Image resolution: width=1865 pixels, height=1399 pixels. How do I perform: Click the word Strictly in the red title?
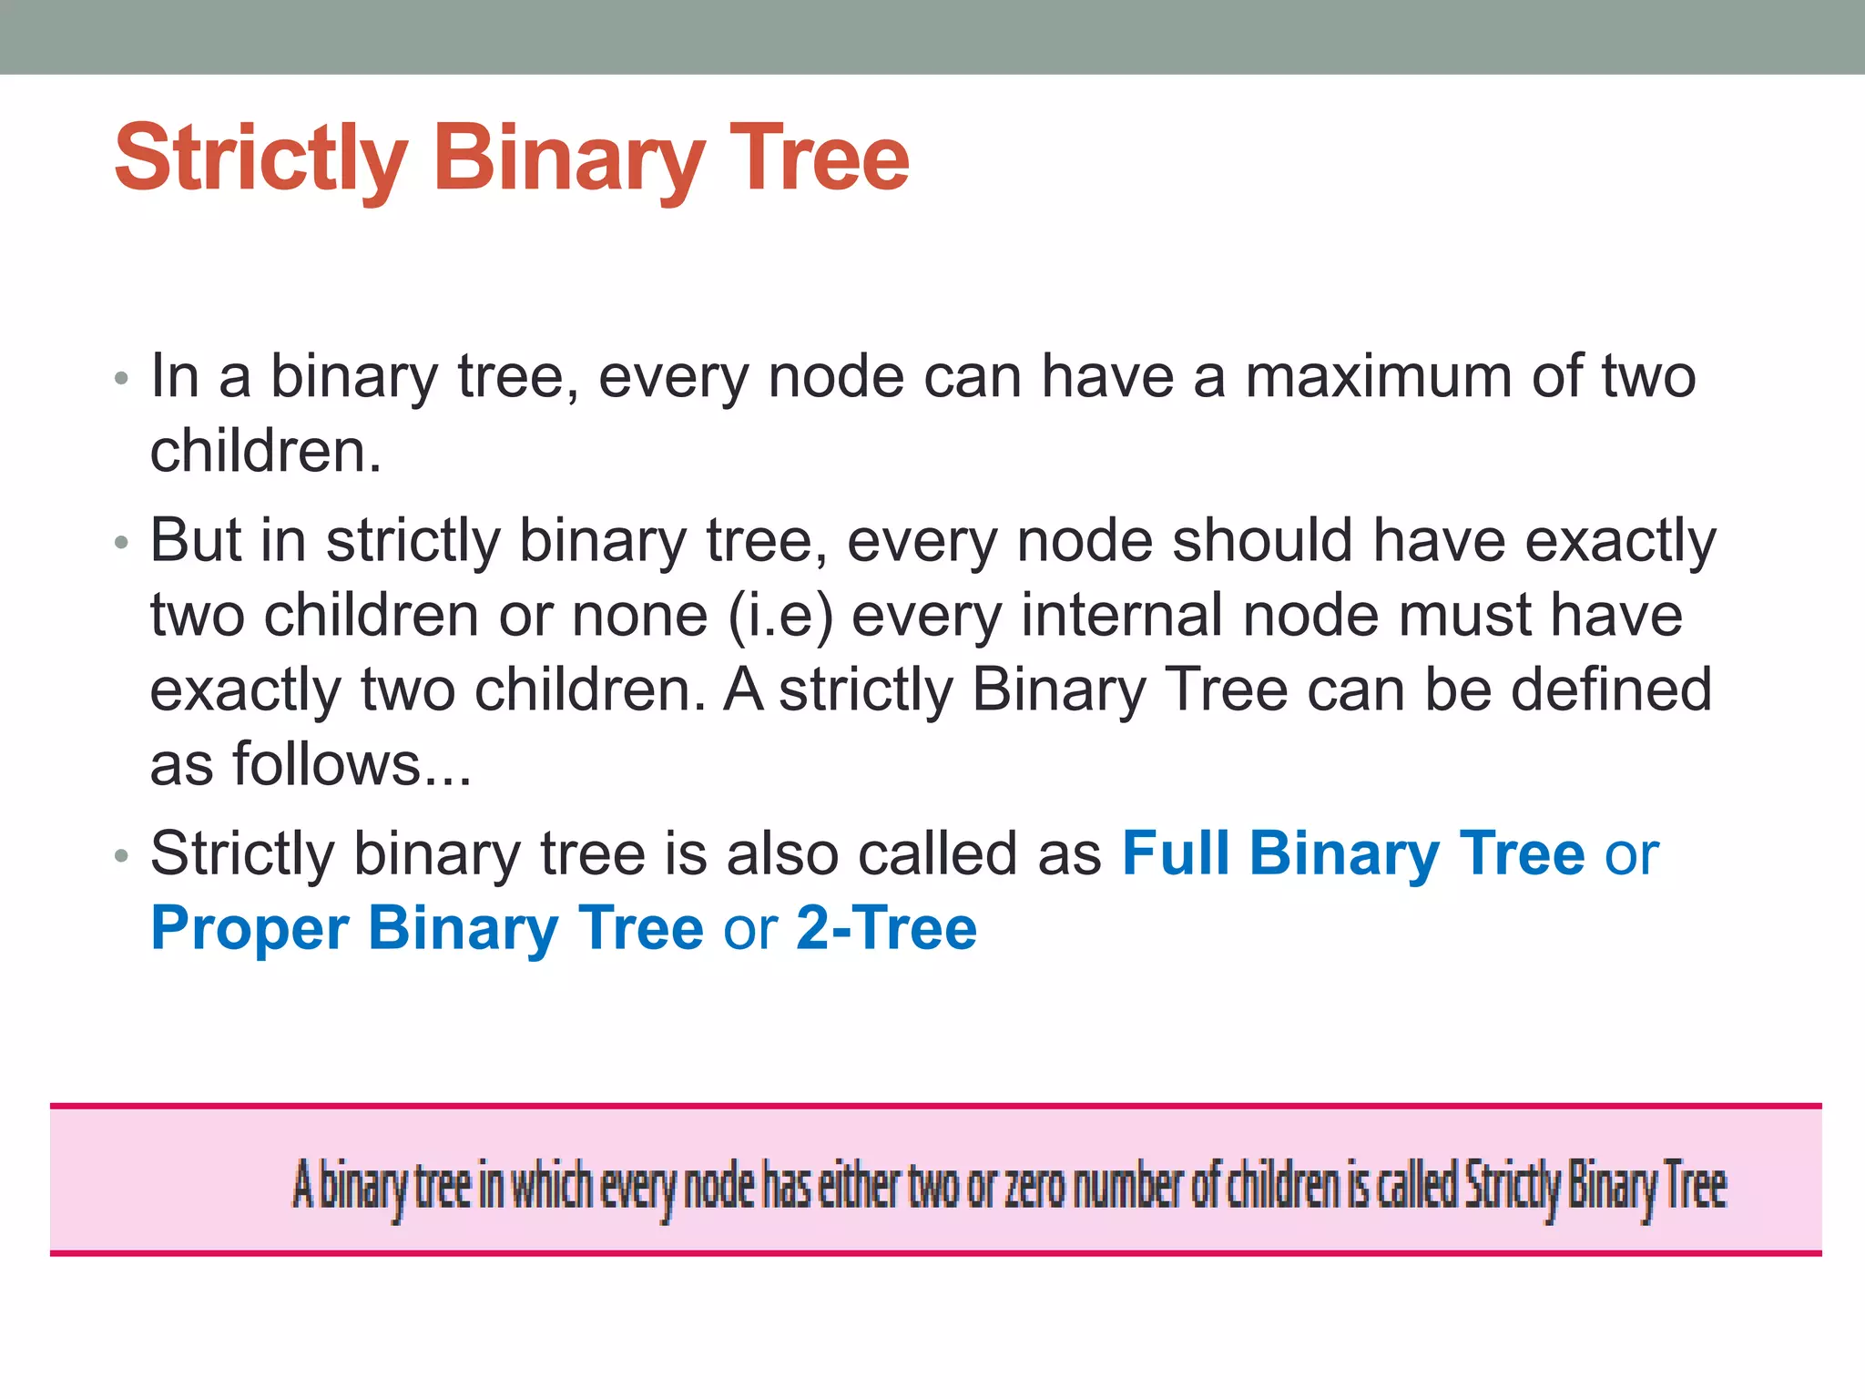tap(260, 160)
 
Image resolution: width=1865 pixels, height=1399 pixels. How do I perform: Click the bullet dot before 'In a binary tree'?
tap(122, 378)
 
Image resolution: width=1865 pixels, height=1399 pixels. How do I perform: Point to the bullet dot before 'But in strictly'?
tap(122, 544)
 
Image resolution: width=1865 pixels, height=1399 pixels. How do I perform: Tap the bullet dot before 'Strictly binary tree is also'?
tap(122, 856)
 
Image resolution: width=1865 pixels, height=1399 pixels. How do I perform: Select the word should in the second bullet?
tap(1262, 540)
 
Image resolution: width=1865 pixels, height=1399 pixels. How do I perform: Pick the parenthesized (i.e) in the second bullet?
tap(780, 616)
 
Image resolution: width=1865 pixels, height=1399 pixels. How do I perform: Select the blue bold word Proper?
tap(250, 929)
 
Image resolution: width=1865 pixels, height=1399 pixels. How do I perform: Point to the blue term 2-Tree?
tap(886, 929)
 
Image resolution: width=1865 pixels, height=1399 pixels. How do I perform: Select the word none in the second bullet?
tap(639, 616)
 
